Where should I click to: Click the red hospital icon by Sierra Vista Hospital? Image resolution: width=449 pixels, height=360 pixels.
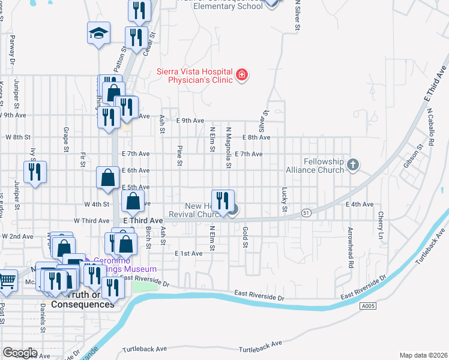242,75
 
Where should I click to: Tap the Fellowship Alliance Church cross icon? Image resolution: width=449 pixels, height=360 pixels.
354,164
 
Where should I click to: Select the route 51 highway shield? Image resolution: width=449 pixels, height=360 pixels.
306,212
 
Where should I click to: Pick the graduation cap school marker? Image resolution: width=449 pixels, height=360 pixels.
99,34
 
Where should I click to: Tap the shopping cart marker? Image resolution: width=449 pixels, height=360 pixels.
7,280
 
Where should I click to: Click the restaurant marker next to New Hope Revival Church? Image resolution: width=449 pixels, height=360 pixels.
223,200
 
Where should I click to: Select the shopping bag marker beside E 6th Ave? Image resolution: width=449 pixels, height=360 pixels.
107,178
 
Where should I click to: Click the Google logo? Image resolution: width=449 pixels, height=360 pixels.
20,352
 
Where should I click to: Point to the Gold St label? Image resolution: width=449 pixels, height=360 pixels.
245,235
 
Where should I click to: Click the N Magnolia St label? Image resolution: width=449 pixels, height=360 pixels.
228,147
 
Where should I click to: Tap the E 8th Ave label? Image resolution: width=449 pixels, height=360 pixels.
256,137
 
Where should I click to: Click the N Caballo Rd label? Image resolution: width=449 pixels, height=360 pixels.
430,124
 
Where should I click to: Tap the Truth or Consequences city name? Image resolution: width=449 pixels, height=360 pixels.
82,304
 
